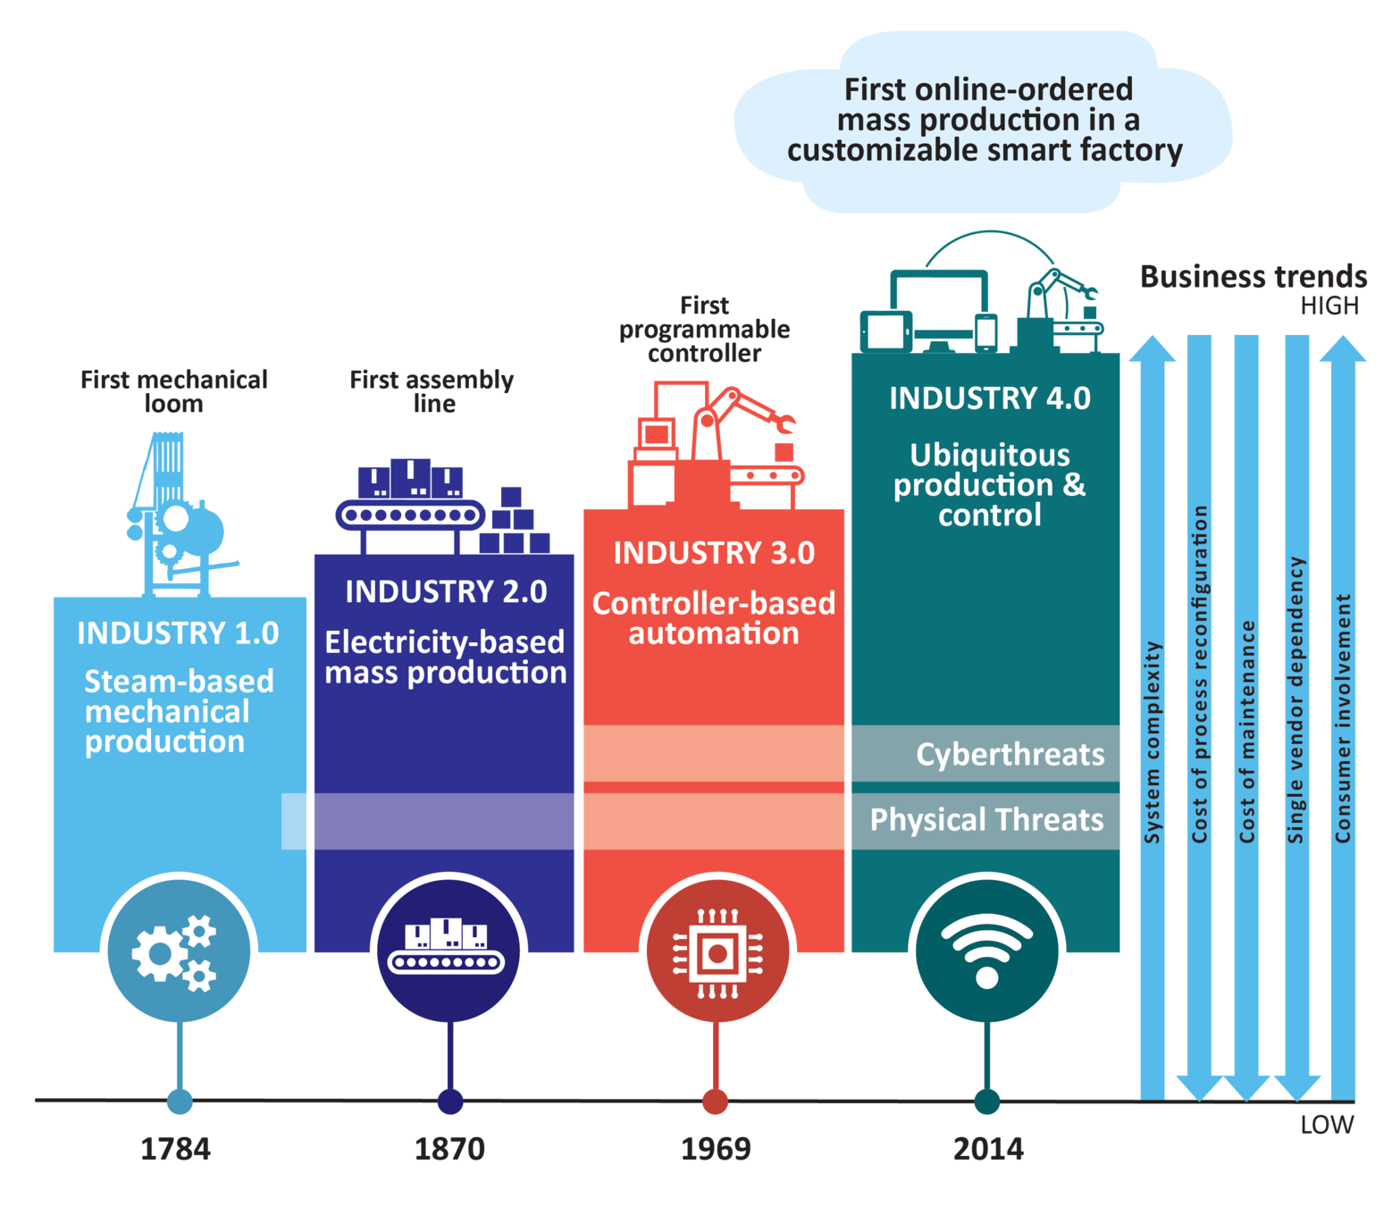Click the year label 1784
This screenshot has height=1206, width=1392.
pos(175,1148)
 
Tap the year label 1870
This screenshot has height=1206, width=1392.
pos(449,1148)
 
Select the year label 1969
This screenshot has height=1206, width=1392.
pos(716,1148)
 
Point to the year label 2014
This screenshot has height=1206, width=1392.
pos(988,1148)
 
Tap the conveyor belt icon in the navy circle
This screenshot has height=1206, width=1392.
pos(448,950)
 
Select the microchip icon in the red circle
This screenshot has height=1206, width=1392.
pos(717,952)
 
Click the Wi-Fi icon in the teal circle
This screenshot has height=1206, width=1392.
pos(986,951)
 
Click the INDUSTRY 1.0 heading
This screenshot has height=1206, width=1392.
pos(179,632)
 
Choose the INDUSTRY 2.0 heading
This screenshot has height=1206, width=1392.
pos(446,591)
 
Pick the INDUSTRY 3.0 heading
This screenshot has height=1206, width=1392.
pos(714,553)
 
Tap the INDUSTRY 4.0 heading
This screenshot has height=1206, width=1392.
pos(990,398)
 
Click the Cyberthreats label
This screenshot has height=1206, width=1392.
pos(1010,755)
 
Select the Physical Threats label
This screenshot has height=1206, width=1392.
pos(986,820)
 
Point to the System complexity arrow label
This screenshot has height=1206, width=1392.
pos(1153,742)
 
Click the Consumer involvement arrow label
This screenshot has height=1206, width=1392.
pos(1342,718)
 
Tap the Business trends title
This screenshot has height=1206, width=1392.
pos(1253,276)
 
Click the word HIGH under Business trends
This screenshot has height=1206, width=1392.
pos(1329,306)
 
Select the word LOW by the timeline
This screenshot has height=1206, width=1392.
pos(1328,1125)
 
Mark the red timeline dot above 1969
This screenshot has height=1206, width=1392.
pos(715,1101)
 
